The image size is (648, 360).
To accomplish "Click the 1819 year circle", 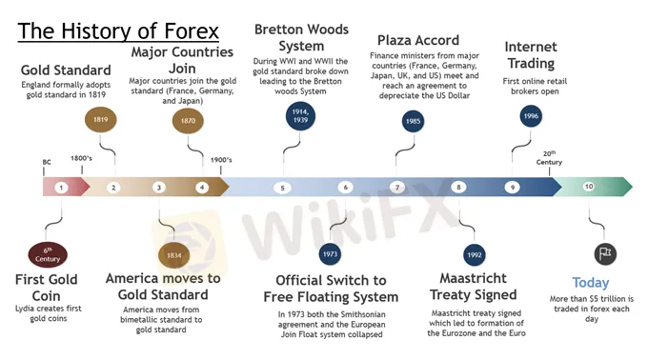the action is pyautogui.click(x=100, y=120).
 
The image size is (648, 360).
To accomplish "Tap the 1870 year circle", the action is pyautogui.click(x=188, y=121).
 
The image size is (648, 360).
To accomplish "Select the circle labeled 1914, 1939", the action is pyautogui.click(x=300, y=116).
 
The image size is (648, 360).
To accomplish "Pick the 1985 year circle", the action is pyautogui.click(x=413, y=121).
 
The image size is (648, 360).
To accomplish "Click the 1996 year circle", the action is pyautogui.click(x=531, y=116).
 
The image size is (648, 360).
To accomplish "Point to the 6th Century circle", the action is pyautogui.click(x=48, y=254).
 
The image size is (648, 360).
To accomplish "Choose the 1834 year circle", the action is pyautogui.click(x=174, y=255).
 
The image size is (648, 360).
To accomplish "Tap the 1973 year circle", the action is pyautogui.click(x=330, y=254).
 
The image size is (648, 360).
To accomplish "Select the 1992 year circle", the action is pyautogui.click(x=475, y=255).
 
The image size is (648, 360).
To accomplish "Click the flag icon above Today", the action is pyautogui.click(x=605, y=253).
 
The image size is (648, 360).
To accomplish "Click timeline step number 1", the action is pyautogui.click(x=61, y=188).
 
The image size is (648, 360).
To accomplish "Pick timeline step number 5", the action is pyautogui.click(x=283, y=189).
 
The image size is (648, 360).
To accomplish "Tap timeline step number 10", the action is pyautogui.click(x=589, y=187).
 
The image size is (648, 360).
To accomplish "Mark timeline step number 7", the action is pyautogui.click(x=397, y=188).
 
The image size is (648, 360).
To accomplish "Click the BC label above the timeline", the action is pyautogui.click(x=47, y=162).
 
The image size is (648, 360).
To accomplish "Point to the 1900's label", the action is pyautogui.click(x=221, y=160).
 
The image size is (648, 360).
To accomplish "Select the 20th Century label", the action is pyautogui.click(x=549, y=158).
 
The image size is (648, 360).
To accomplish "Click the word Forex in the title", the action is pyautogui.click(x=192, y=31).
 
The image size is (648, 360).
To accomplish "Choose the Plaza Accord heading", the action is pyautogui.click(x=418, y=40).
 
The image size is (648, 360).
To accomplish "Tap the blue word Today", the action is pyautogui.click(x=591, y=283).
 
